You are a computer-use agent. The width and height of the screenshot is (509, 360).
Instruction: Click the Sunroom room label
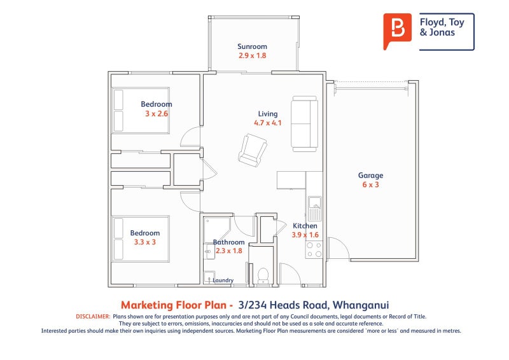[252, 46]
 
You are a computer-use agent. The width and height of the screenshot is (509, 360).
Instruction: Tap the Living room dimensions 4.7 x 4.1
[267, 123]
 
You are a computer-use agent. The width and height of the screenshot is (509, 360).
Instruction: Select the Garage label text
[370, 176]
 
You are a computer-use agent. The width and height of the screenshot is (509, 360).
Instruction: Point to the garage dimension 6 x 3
[370, 185]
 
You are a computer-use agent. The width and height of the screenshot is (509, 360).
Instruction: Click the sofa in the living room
[304, 123]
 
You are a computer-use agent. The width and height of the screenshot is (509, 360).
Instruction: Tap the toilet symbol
[262, 274]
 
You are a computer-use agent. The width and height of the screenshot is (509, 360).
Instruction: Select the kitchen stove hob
[314, 249]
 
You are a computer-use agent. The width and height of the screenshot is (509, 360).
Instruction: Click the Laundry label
[223, 280]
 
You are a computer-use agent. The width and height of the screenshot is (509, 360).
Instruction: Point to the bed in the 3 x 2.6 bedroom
[141, 110]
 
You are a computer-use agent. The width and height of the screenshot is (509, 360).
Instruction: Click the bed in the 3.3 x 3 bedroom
[141, 239]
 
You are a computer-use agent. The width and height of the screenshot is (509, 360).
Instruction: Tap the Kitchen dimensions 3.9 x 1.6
[305, 235]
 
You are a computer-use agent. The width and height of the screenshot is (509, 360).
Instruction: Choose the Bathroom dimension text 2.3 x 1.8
[228, 251]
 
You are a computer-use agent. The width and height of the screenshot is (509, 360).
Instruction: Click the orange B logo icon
[398, 31]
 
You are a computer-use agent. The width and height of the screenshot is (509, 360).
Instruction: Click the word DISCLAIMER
[93, 316]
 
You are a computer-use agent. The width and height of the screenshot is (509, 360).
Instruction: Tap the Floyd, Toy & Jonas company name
[442, 27]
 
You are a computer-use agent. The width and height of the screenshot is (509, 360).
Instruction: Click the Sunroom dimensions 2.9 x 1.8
[252, 56]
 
